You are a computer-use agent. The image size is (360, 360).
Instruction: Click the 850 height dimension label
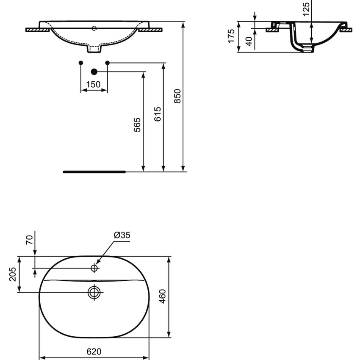click(x=178, y=96)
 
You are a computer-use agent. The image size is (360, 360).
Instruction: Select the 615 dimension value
click(x=158, y=115)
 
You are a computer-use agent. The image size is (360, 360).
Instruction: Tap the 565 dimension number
click(x=138, y=125)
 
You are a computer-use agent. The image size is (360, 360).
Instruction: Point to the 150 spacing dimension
click(x=93, y=84)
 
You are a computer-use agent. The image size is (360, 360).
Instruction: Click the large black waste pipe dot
click(x=94, y=72)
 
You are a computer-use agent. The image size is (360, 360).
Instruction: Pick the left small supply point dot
click(x=81, y=63)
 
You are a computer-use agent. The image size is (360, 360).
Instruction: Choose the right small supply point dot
click(x=107, y=63)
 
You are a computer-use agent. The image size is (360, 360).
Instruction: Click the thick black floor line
click(x=94, y=172)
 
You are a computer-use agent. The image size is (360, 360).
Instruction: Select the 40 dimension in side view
click(x=249, y=41)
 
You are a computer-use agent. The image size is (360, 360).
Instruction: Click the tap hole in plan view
click(x=94, y=268)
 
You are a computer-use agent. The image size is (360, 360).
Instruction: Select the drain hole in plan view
click(x=94, y=292)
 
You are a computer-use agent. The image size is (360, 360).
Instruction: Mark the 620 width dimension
click(x=94, y=352)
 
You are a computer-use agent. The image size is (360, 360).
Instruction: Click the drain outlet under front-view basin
click(x=94, y=49)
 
